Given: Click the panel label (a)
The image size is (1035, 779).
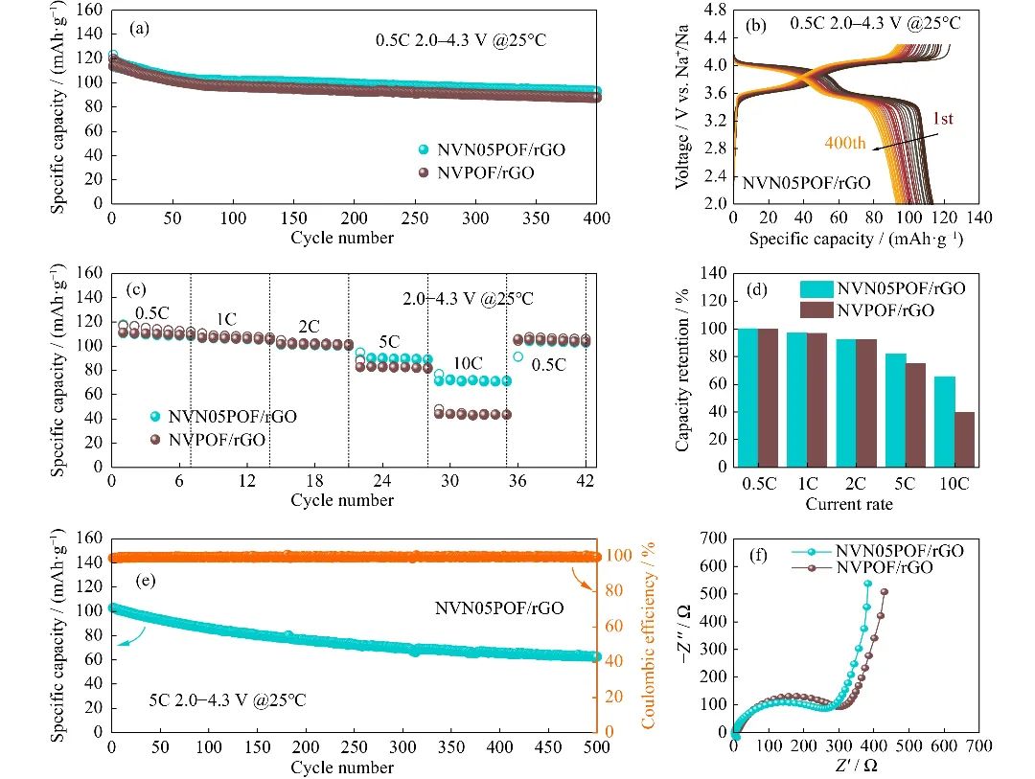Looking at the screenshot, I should tap(140, 29).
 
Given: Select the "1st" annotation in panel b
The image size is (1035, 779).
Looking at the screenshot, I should tap(939, 119).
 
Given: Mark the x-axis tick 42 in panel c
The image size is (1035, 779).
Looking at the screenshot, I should tap(586, 483).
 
